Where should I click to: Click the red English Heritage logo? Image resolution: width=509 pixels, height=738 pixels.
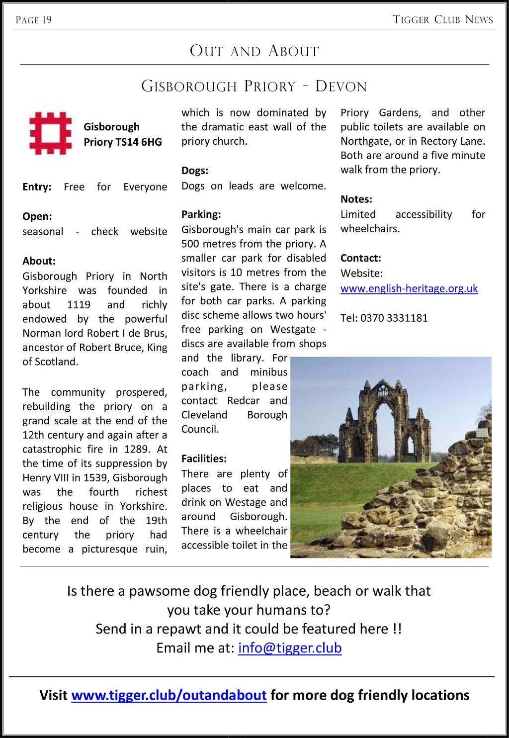point(50,133)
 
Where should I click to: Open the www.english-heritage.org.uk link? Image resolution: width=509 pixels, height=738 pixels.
point(409,288)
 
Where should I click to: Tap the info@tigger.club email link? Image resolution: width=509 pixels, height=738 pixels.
point(290,648)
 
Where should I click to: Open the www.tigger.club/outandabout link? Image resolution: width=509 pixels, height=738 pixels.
point(169,695)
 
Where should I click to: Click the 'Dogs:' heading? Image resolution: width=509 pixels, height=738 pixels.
point(195,171)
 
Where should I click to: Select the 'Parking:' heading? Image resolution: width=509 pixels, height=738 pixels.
point(201,215)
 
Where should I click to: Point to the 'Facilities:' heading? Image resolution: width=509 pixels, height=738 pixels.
point(204,459)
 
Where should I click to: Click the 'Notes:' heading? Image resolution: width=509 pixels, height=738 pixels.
point(356,199)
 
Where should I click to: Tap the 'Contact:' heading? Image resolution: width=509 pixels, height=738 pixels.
point(361,259)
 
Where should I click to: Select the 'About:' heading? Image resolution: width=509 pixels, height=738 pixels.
point(39,261)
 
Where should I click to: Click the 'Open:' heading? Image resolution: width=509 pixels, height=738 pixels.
point(37,217)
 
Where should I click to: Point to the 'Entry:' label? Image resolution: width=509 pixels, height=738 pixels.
point(37,187)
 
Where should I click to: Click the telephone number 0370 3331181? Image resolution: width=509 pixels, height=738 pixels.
point(394,318)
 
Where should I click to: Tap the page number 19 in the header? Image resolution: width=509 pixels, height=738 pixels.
point(47,20)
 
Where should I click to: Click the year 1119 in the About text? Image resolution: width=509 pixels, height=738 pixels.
point(79,305)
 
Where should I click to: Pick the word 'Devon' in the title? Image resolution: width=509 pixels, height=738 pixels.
point(341,87)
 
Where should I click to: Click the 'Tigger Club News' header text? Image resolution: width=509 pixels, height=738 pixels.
point(443,20)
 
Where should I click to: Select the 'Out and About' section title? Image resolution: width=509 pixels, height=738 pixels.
point(254,51)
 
